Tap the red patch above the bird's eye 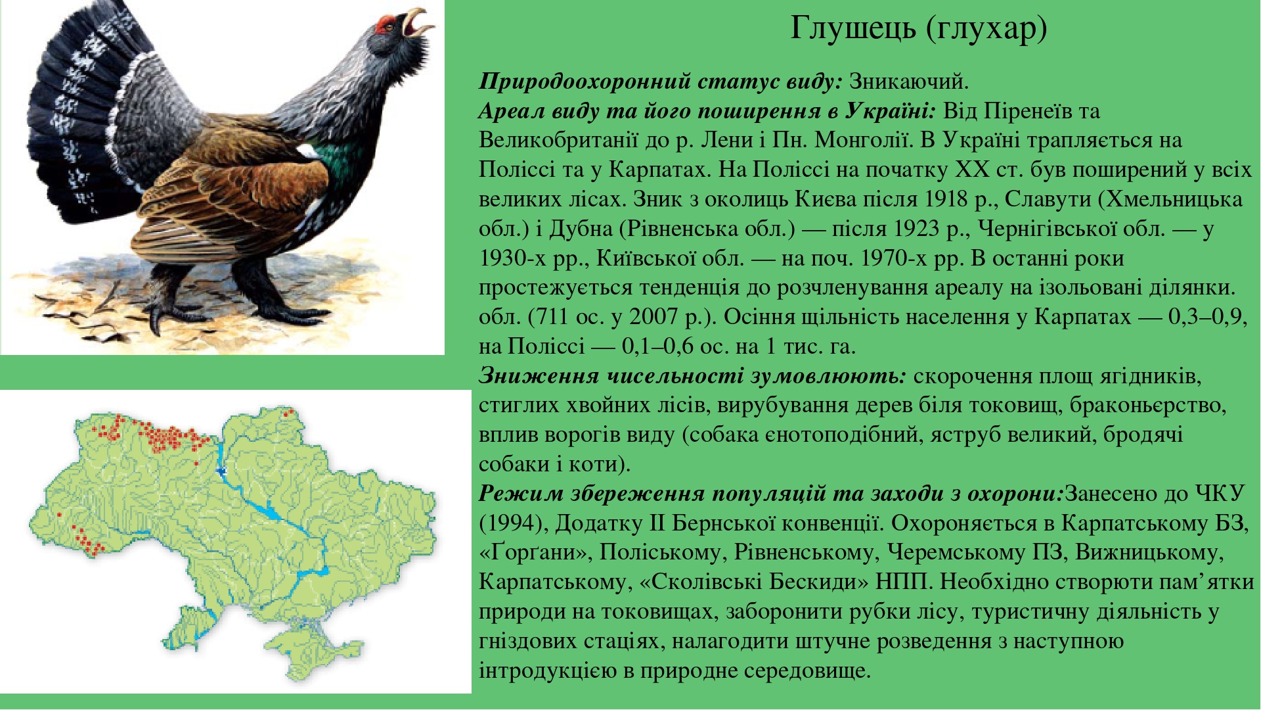pos(384,24)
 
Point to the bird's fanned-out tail pos(85,112)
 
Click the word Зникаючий pos(909,82)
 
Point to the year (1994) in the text pos(514,523)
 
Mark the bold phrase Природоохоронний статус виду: pos(661,82)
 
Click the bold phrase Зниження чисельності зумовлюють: pos(693,376)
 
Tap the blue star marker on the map pos(222,471)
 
